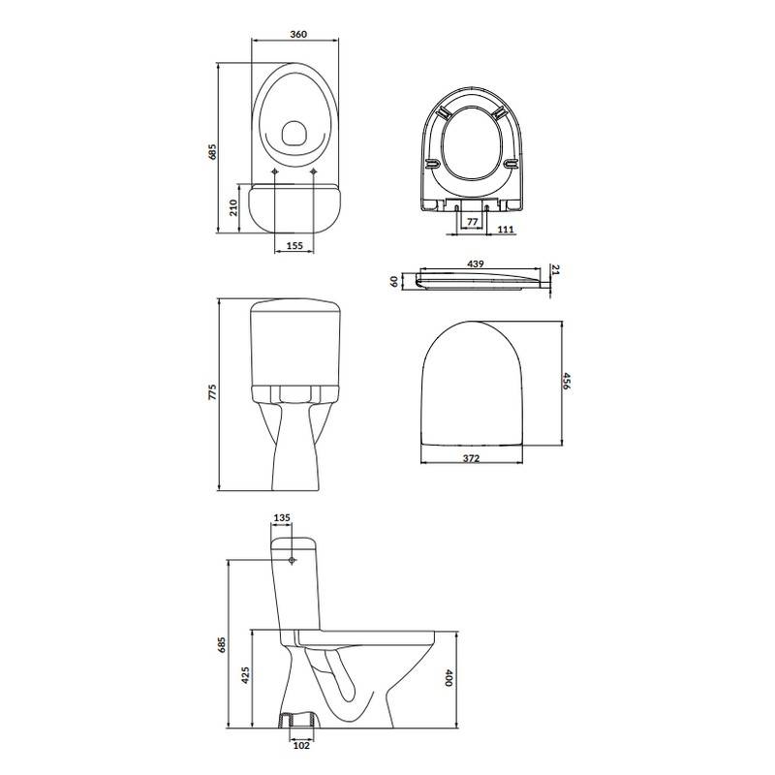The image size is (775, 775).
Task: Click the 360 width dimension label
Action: (x=298, y=34)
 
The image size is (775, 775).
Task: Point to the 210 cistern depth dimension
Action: (x=233, y=207)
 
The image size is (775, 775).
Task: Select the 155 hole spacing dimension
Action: (x=294, y=246)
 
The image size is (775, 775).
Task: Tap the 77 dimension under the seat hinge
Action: (x=473, y=222)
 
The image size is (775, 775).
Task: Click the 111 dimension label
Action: (x=506, y=230)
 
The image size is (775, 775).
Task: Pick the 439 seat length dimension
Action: (x=476, y=263)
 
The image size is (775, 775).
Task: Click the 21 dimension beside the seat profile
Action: (x=555, y=269)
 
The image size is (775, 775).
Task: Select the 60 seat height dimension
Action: (x=394, y=281)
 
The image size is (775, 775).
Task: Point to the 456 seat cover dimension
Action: (x=567, y=382)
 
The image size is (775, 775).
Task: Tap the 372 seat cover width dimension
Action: (x=471, y=458)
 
